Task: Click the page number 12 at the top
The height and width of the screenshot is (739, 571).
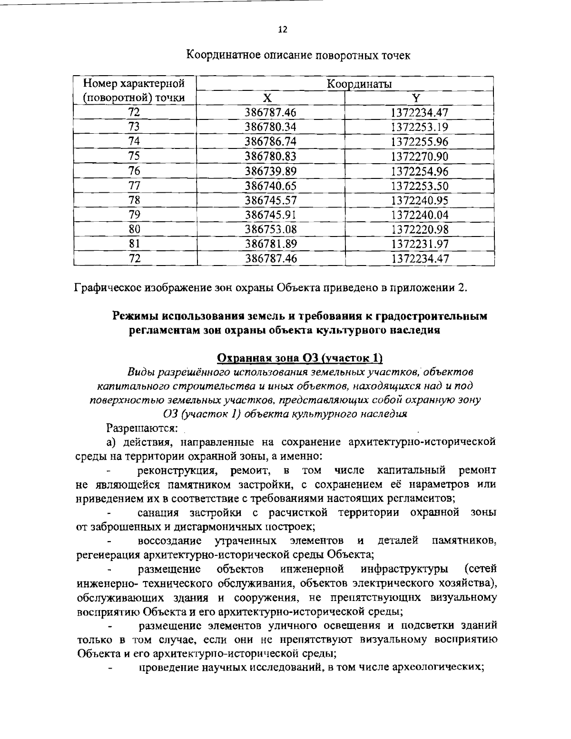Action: click(x=283, y=30)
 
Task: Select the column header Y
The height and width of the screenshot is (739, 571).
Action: click(x=416, y=99)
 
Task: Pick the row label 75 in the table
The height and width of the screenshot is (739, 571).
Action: click(x=134, y=156)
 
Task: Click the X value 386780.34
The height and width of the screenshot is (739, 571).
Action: click(x=271, y=127)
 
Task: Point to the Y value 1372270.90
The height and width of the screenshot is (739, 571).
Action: click(x=420, y=156)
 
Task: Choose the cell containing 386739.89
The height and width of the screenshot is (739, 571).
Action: click(x=271, y=171)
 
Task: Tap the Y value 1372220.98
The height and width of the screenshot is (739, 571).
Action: click(x=420, y=229)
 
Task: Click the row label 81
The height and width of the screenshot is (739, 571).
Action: click(x=134, y=244)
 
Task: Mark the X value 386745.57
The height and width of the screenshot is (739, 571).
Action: click(x=271, y=200)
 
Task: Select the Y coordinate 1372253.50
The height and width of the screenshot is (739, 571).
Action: click(x=420, y=186)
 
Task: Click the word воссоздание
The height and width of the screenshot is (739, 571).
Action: click(x=169, y=541)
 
